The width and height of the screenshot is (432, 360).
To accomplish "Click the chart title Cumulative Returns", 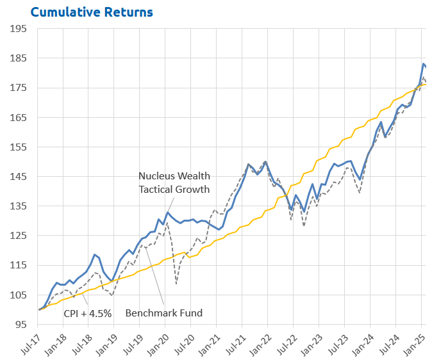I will (x=92, y=12).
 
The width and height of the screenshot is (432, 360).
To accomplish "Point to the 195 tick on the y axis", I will (x=19, y=29).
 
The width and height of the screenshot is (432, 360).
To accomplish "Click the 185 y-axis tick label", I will (x=19, y=58).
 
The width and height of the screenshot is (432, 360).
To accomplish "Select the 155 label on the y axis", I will (x=19, y=147).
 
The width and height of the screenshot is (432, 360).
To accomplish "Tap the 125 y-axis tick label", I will (x=19, y=236).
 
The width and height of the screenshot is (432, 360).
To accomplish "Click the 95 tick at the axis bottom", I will (x=21, y=324).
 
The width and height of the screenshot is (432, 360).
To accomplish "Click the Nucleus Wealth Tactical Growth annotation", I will (x=174, y=183).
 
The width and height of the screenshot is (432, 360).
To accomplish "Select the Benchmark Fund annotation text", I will (x=164, y=313).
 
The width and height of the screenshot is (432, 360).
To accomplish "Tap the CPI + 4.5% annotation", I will (x=87, y=313).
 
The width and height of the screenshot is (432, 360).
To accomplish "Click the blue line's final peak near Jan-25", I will (x=424, y=63).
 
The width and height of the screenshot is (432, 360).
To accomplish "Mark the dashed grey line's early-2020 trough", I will (x=176, y=283).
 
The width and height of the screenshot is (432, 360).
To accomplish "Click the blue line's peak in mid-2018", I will (x=94, y=254).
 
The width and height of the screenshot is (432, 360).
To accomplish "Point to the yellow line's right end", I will (x=426, y=85).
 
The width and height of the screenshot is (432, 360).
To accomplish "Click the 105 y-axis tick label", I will (x=19, y=295).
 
